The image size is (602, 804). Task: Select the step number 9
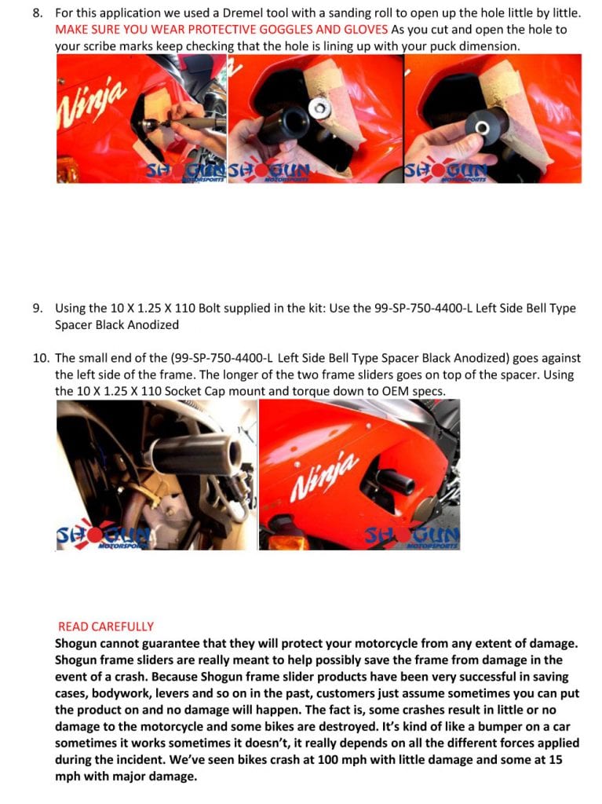[x=38, y=308]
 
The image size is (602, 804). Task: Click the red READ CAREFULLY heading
[x=106, y=627]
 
